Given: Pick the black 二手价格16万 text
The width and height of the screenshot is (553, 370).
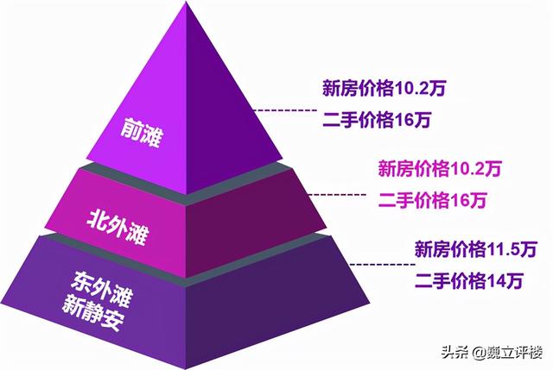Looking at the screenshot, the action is (x=366, y=122).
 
